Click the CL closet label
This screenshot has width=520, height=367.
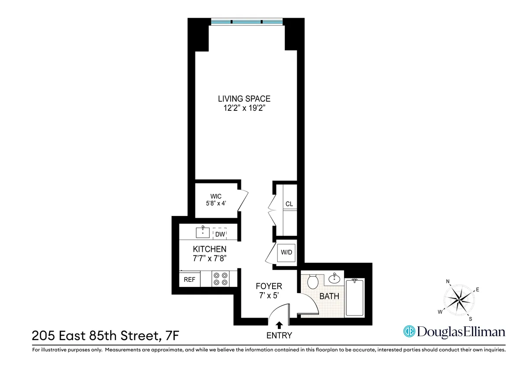289,204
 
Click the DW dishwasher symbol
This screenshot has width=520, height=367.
220,234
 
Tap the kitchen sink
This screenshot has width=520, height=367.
202,232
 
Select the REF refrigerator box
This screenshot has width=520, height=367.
189,280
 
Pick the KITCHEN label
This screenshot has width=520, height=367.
209,249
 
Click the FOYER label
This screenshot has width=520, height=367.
269,286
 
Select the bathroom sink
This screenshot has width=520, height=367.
334,278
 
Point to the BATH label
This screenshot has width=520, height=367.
329,296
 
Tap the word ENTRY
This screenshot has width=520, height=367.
279,335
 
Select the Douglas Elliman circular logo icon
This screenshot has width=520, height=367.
409,332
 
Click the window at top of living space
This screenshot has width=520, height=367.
247,22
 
